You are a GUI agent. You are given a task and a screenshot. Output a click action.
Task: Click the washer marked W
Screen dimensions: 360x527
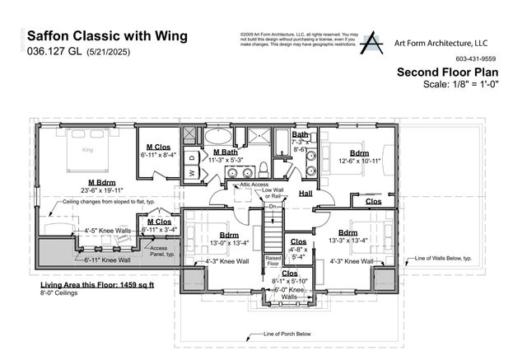click(191, 172)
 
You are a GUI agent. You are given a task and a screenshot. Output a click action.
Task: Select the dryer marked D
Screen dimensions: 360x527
click(191, 156)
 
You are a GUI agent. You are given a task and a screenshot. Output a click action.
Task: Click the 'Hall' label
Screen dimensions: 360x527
click(305, 193)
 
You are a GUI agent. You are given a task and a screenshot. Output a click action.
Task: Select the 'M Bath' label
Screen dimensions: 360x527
click(226, 152)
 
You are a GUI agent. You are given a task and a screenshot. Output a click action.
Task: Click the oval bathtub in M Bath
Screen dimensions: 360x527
click(218, 136)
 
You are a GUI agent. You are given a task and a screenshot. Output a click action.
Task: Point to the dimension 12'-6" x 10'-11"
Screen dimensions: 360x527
click(359, 161)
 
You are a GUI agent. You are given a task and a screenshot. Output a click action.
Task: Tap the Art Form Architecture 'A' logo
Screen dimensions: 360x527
click(371, 43)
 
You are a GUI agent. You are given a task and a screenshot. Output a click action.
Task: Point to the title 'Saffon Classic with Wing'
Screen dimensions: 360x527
click(108, 36)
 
